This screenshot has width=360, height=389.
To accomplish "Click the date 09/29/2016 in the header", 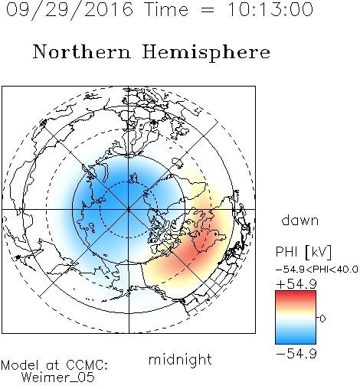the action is pyautogui.click(x=70, y=10).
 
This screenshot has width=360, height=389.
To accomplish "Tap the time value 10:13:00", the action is pyautogui.click(x=270, y=10).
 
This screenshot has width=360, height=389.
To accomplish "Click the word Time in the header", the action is pyautogui.click(x=166, y=10).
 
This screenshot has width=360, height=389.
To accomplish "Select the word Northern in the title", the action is pyautogui.click(x=82, y=52).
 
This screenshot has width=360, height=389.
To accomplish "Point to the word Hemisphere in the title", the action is pyautogui.click(x=206, y=52).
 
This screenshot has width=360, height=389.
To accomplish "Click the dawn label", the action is pyautogui.click(x=300, y=220).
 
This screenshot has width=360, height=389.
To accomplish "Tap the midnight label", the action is pyautogui.click(x=180, y=359).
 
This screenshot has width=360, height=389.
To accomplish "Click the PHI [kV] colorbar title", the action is pyautogui.click(x=303, y=252).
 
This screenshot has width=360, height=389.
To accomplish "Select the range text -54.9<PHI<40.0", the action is pyautogui.click(x=317, y=270).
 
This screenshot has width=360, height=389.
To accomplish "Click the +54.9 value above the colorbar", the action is pyautogui.click(x=296, y=284).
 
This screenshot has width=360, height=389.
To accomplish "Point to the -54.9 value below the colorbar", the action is pyautogui.click(x=296, y=354).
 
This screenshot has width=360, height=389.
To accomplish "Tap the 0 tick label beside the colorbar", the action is pyautogui.click(x=322, y=319).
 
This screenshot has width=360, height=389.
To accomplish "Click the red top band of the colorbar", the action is pyautogui.click(x=296, y=293).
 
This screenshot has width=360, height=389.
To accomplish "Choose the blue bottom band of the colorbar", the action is pyautogui.click(x=296, y=341).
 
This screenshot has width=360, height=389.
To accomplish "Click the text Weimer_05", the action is pyautogui.click(x=58, y=378).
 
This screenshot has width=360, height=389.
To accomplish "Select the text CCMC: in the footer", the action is pyautogui.click(x=87, y=365).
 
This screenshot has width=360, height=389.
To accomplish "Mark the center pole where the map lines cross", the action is pyautogui.click(x=129, y=210).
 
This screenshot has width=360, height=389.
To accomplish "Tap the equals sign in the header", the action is pyautogui.click(x=208, y=10).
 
